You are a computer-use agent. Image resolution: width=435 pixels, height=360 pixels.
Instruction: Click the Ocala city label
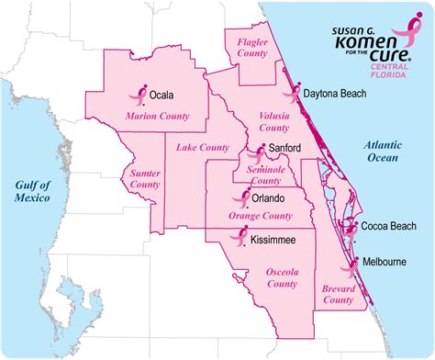(162, 94)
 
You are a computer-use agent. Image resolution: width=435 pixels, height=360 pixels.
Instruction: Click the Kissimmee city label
(273, 239)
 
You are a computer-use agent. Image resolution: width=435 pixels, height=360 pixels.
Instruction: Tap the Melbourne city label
(384, 262)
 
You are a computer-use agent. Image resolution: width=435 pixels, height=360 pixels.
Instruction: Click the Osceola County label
(282, 278)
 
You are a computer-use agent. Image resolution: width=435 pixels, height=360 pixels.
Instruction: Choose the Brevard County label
(339, 294)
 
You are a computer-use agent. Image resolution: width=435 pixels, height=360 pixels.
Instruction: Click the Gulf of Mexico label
(32, 190)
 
